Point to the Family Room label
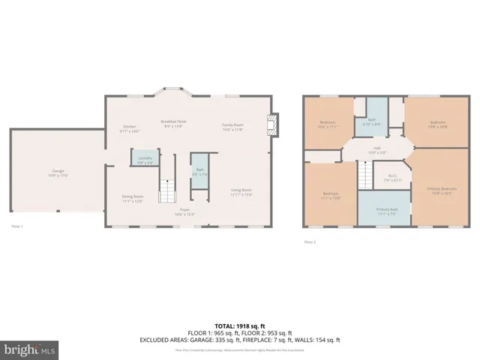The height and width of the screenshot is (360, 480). click(x=232, y=126)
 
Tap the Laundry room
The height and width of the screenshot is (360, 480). click(x=145, y=159)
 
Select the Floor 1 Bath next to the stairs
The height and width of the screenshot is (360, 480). click(x=200, y=172)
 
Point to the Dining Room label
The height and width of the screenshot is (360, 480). click(x=133, y=198)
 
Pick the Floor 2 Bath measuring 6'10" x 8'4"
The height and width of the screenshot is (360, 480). click(x=373, y=118)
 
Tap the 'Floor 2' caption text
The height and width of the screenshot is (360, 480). click(x=310, y=241)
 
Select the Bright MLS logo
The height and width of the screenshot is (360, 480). click(x=29, y=349)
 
